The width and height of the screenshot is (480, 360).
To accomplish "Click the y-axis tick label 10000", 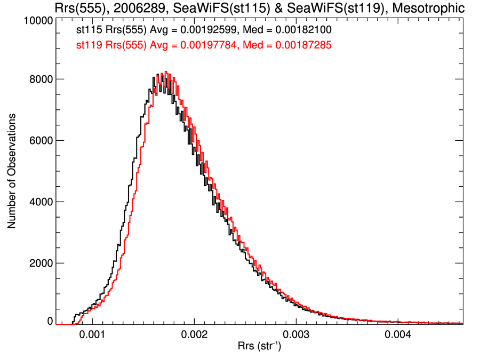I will (38, 21).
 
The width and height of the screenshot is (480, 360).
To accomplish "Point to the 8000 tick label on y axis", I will (40, 79).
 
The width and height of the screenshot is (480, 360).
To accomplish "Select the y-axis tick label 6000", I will (40, 141).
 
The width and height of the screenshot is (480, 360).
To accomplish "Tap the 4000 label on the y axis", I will (40, 202).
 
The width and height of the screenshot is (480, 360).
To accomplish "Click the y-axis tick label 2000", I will (40, 263).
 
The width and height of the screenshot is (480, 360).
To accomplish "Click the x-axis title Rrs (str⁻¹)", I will (260, 347).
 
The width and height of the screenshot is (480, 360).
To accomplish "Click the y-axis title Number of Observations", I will (11, 172).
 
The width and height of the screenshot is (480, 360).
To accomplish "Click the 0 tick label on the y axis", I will (50, 322).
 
